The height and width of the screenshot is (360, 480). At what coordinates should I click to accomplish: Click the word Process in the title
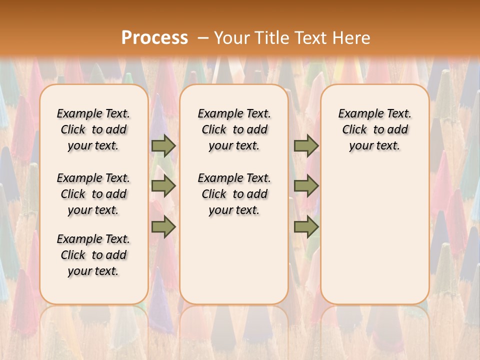click(154, 37)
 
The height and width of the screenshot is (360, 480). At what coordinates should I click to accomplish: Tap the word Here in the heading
click(352, 37)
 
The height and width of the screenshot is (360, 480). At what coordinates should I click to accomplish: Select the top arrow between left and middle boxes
click(163, 146)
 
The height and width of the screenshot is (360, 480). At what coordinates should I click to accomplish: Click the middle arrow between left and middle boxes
click(163, 186)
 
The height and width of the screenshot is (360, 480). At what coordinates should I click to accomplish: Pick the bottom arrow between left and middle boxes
click(163, 227)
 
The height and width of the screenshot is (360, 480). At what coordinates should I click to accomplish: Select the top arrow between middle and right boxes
click(306, 146)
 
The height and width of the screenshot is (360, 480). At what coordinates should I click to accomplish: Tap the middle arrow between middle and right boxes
click(306, 186)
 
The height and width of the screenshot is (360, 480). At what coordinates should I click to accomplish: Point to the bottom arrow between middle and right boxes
click(306, 227)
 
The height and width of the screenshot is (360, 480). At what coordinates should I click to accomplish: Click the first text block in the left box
click(93, 129)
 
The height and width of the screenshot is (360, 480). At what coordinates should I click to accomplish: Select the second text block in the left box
click(93, 194)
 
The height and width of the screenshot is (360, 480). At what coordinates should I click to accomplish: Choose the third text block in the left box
click(93, 255)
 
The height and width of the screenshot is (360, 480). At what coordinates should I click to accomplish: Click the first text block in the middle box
click(234, 129)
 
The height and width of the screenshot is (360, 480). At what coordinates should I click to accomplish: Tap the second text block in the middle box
click(234, 194)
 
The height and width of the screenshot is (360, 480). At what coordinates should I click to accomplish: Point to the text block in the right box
click(375, 129)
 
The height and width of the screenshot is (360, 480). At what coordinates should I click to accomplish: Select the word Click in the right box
click(354, 129)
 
